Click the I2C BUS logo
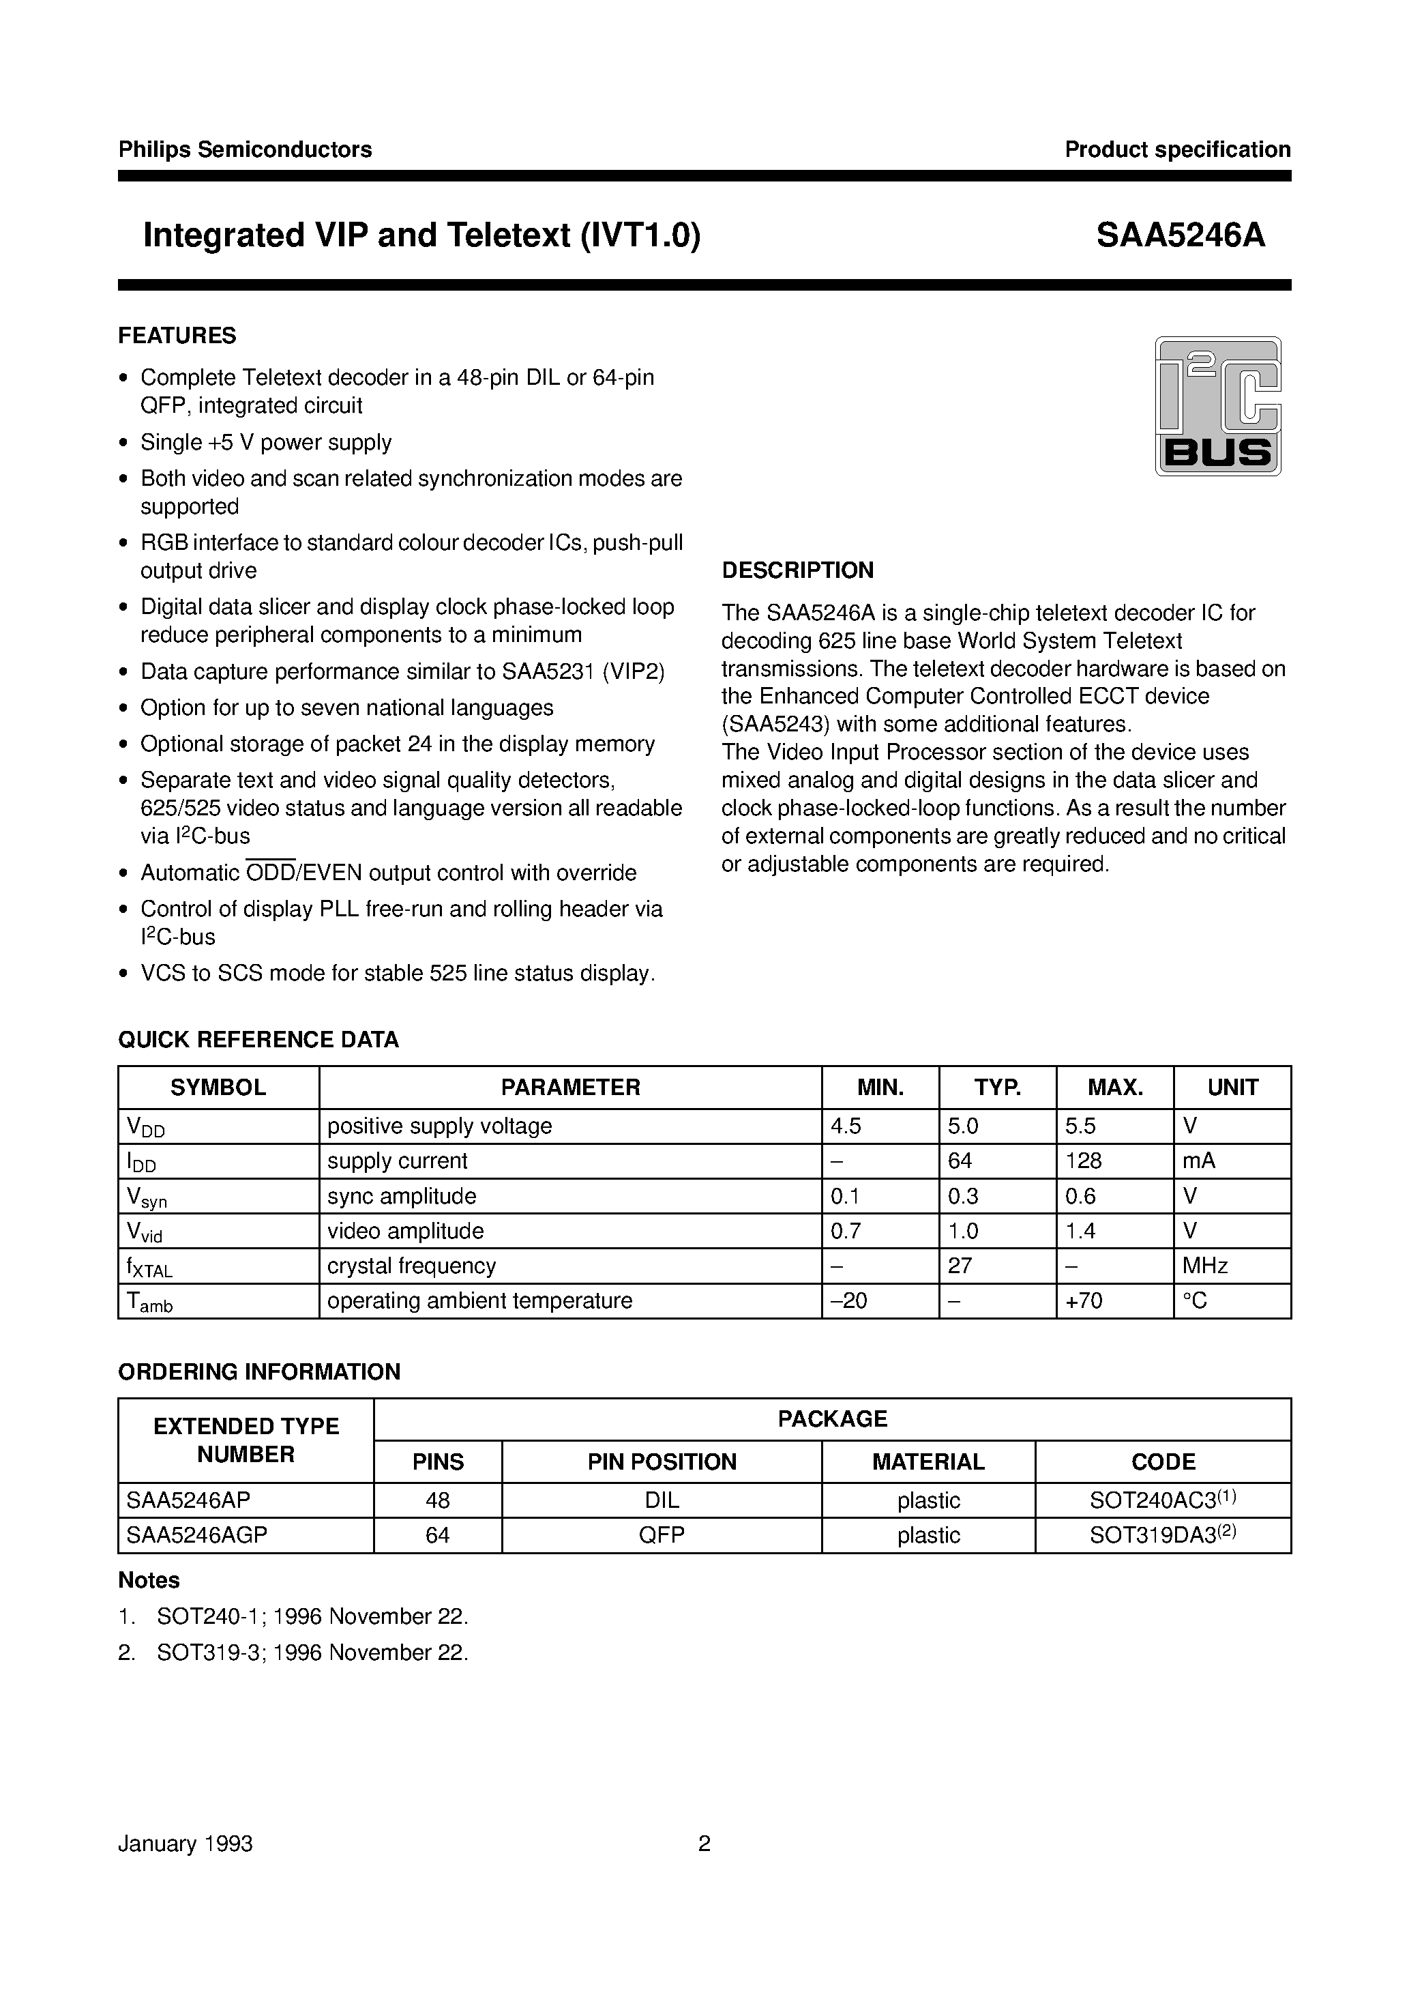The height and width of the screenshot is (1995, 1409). (x=1217, y=406)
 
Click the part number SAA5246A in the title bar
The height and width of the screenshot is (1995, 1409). (x=1180, y=235)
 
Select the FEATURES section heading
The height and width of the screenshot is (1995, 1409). (x=177, y=336)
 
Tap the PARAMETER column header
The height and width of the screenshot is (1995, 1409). (x=570, y=1087)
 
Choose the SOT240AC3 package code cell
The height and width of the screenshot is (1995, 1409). (x=1162, y=1500)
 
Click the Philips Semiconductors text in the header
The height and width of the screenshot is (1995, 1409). (x=245, y=149)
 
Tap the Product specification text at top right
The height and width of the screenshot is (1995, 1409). (x=1177, y=149)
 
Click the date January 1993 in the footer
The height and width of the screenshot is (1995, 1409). (x=185, y=1844)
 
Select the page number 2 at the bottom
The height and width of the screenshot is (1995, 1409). (x=704, y=1844)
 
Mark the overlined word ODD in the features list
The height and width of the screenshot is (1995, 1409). (x=271, y=873)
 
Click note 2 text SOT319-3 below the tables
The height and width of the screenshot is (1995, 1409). (x=313, y=1652)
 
